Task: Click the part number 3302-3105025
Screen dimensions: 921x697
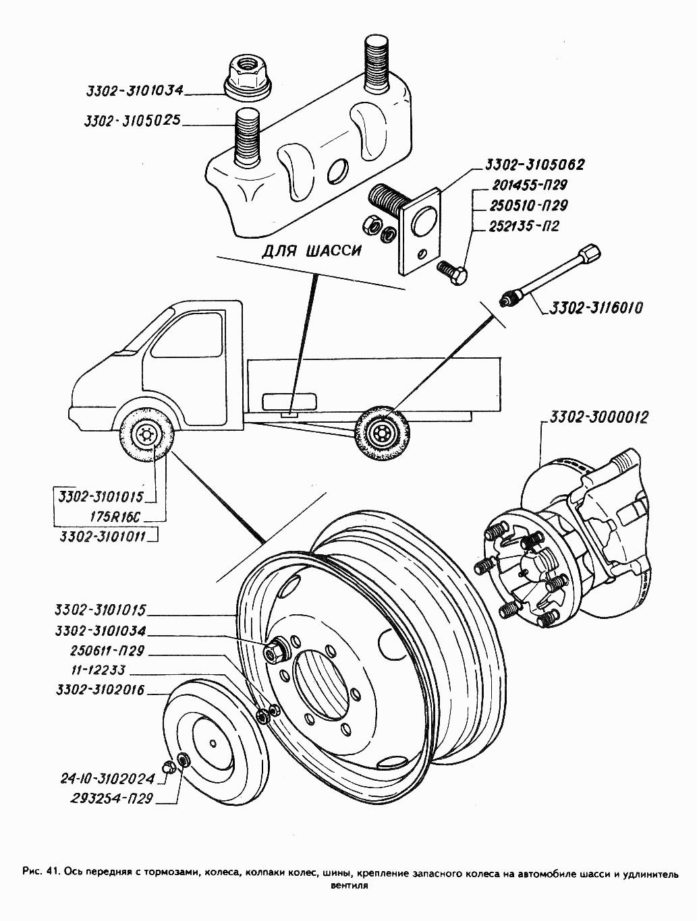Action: click(132, 121)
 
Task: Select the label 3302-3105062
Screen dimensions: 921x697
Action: click(534, 165)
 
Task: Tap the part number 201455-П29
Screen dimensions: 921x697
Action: click(529, 185)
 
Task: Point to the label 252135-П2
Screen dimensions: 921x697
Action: click(524, 226)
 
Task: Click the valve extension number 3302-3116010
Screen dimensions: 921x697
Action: click(596, 307)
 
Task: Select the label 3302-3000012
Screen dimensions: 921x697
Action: click(598, 417)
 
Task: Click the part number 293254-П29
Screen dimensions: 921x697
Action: click(112, 798)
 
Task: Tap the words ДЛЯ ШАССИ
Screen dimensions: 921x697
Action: click(311, 251)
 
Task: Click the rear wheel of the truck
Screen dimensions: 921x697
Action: click(381, 432)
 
